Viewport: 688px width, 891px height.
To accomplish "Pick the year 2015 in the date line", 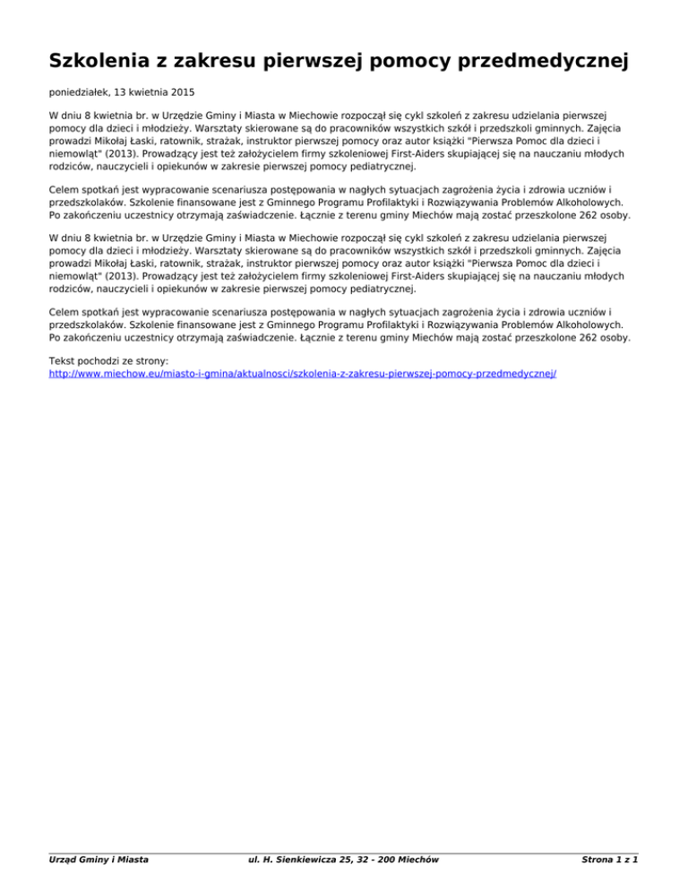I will click(182, 92).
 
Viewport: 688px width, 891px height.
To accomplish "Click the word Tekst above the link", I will click(62, 359).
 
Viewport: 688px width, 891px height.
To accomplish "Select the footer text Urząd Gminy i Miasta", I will click(99, 861).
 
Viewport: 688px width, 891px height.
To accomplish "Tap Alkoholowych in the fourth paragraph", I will click(593, 326).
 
